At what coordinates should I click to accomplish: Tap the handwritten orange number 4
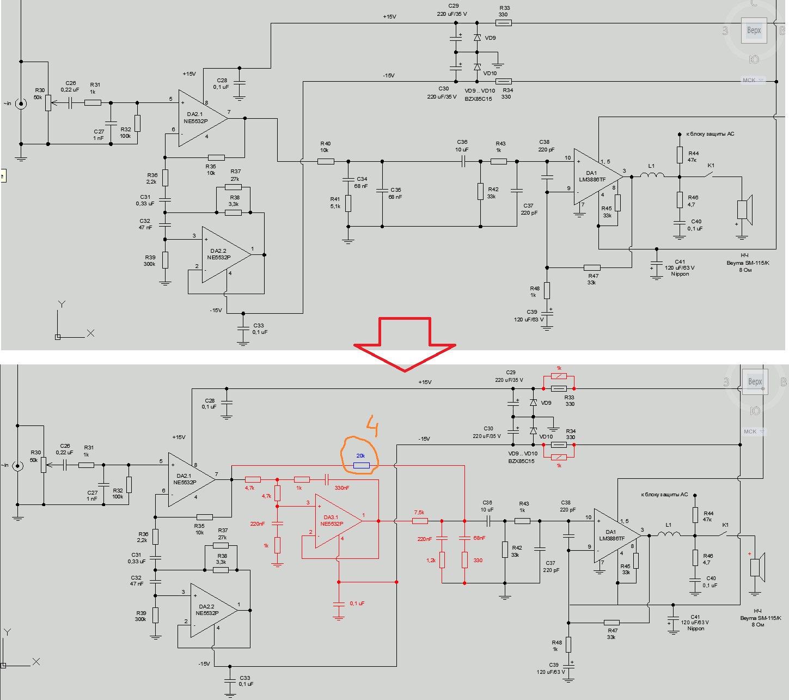372,425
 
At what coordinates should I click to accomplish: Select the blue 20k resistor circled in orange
361,465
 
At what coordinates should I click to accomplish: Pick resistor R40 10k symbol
326,161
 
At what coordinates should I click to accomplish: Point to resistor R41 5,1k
348,203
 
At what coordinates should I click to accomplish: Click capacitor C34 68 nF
348,180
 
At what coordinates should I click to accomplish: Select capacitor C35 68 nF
382,191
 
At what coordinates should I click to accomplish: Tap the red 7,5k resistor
420,521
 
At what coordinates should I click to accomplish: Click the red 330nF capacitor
326,479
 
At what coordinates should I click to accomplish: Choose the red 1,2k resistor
442,560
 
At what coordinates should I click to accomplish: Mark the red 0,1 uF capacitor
339,604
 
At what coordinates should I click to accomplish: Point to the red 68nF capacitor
464,538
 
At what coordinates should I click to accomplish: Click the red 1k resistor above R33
559,376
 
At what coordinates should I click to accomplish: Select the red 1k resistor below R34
559,457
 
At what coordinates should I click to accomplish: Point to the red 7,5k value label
419,512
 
